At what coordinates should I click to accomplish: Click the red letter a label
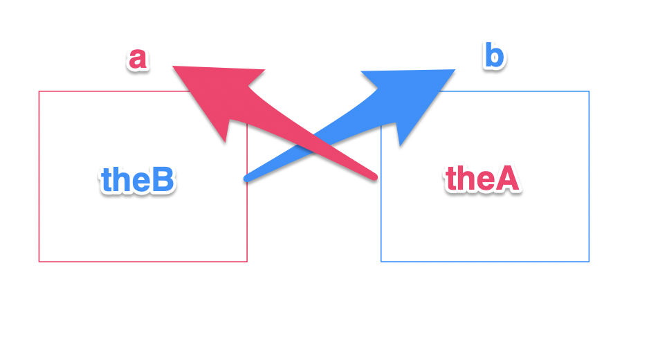(x=138, y=60)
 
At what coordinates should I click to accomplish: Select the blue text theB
(x=137, y=180)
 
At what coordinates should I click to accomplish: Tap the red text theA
(x=482, y=179)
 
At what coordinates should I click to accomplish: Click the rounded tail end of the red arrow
(x=374, y=177)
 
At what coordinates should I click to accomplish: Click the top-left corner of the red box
(x=39, y=91)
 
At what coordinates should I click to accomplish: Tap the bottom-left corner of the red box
(x=39, y=262)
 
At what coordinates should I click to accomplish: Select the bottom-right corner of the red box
(x=247, y=262)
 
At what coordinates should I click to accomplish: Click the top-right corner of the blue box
(x=589, y=91)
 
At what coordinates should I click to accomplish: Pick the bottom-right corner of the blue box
(x=589, y=262)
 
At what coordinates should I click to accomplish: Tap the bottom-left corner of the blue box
(x=381, y=262)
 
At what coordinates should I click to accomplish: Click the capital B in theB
(x=162, y=180)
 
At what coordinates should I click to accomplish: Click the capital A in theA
(x=507, y=179)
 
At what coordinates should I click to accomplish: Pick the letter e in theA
(x=485, y=181)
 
